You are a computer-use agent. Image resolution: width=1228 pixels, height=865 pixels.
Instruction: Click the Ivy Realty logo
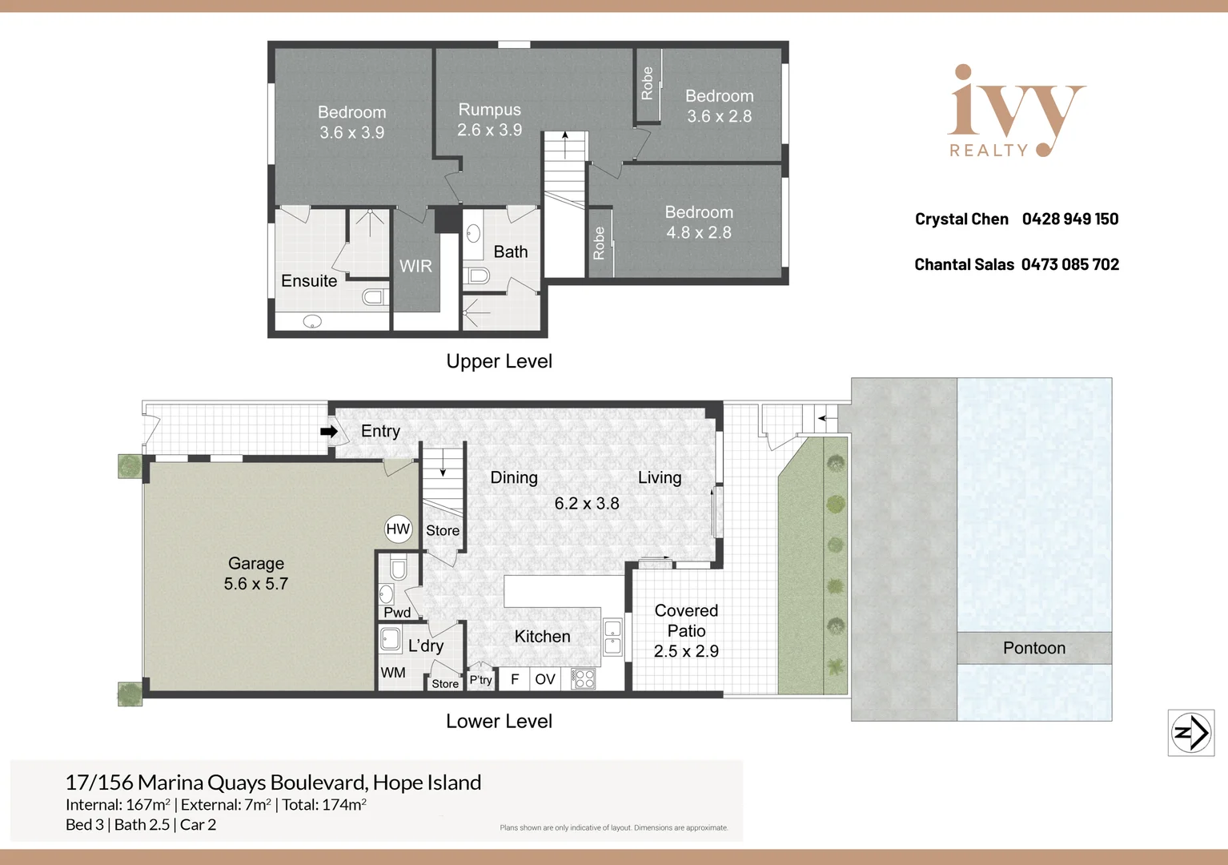click(1015, 112)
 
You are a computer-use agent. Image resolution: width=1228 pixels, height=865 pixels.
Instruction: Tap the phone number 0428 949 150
click(1070, 219)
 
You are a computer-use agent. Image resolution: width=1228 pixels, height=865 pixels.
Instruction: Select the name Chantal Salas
click(964, 265)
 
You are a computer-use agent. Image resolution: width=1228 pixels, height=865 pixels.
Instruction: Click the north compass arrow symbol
click(1191, 733)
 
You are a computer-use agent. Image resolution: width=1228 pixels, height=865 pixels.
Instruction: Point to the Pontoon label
click(1034, 648)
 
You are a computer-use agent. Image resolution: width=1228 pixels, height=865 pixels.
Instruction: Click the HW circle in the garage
click(398, 529)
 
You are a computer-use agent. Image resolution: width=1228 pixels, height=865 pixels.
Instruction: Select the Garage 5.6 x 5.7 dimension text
click(256, 584)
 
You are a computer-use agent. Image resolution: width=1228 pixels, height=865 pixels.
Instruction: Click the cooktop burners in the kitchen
click(584, 679)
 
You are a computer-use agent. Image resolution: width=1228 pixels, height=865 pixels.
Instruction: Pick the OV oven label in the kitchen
click(545, 679)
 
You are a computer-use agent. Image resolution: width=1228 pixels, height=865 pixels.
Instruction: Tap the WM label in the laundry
click(393, 673)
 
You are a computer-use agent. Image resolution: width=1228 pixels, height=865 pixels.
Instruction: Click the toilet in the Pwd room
click(399, 569)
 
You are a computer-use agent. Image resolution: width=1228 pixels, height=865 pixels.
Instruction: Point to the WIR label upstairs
click(415, 267)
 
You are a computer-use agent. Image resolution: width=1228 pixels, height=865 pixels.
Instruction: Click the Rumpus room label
click(489, 110)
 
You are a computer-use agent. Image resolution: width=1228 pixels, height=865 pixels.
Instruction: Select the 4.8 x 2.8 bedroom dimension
click(699, 233)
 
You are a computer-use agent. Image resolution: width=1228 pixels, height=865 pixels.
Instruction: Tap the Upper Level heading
click(499, 361)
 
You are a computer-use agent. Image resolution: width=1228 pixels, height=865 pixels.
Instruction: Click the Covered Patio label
click(686, 621)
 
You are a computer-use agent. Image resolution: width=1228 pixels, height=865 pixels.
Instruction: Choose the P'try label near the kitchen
click(480, 680)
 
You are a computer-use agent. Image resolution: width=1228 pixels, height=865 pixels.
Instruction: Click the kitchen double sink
click(612, 637)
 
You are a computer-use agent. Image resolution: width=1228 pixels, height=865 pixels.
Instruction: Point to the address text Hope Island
click(427, 783)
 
